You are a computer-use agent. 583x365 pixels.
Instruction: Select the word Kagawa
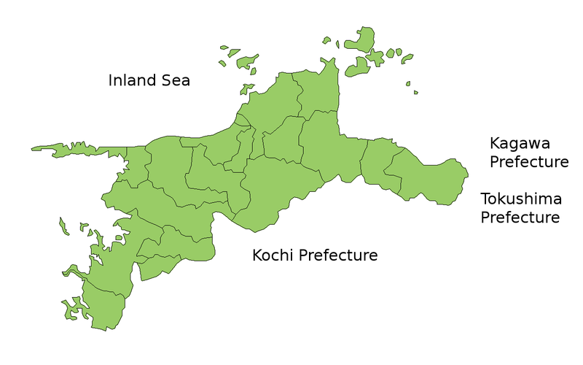[x=520, y=143]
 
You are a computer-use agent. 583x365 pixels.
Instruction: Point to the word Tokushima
[x=521, y=199]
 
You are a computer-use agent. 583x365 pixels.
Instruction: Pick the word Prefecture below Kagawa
[x=528, y=162]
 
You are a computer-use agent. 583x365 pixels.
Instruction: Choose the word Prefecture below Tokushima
[x=520, y=218]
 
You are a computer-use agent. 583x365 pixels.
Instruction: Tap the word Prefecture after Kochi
[x=339, y=255]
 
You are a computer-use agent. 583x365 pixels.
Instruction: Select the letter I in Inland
[x=111, y=80]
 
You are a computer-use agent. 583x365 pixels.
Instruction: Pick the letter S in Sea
[x=167, y=80]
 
